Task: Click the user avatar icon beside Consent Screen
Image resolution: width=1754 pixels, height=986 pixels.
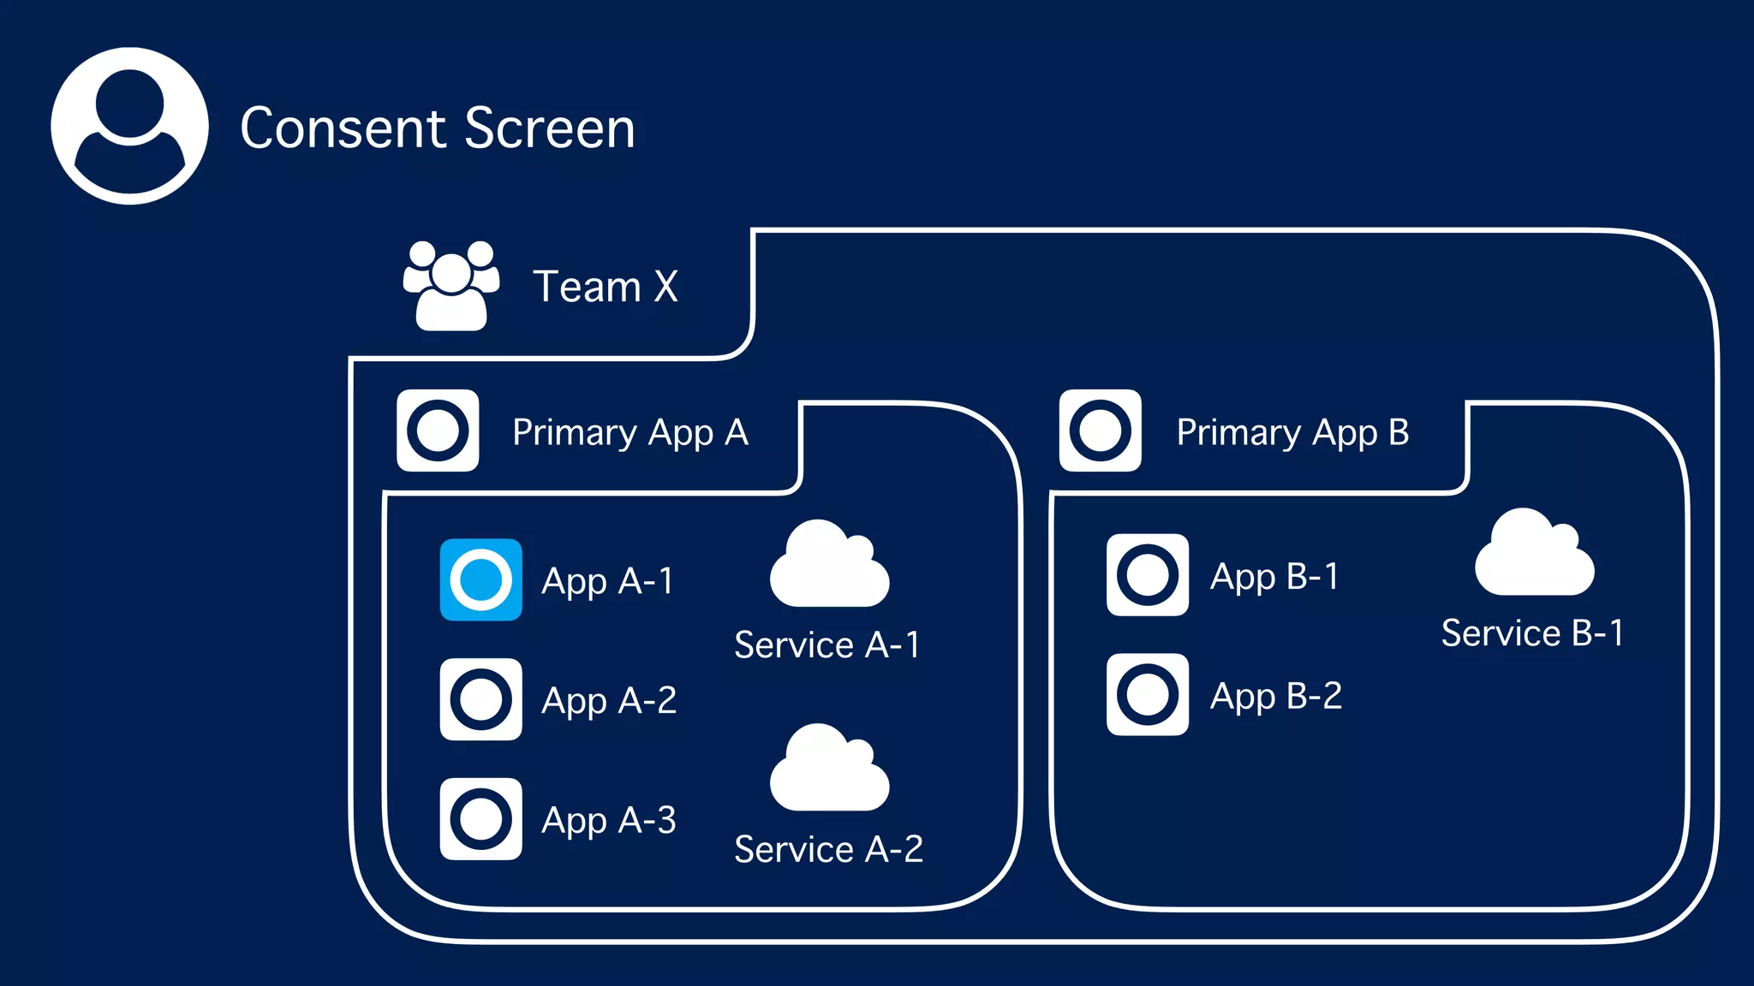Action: pos(129,126)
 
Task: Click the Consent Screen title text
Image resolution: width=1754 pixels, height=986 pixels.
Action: pos(437,128)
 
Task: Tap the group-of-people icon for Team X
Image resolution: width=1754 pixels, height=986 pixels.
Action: pos(451,286)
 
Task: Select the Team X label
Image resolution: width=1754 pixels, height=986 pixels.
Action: pos(605,286)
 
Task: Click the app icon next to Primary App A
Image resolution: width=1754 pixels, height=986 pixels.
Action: pos(438,431)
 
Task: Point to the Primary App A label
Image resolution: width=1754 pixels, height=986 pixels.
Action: pos(629,432)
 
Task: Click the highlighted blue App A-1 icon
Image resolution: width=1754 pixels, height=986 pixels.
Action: pos(480,579)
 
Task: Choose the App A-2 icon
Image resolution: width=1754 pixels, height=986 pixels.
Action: pos(480,699)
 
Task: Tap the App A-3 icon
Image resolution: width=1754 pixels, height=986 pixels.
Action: pos(480,819)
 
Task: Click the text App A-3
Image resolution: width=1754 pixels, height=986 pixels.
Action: pos(609,820)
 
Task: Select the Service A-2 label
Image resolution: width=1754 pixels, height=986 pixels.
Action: pos(828,849)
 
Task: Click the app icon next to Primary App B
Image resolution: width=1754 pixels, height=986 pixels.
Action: pos(1100,431)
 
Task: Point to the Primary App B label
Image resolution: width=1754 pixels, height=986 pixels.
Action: pos(1292,432)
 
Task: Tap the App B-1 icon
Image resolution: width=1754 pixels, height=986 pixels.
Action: pos(1147,574)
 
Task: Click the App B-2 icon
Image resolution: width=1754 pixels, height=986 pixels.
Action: pos(1147,694)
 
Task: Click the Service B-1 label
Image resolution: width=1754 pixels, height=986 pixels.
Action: pos(1532,633)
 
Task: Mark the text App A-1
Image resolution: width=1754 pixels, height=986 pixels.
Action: pos(608,581)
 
